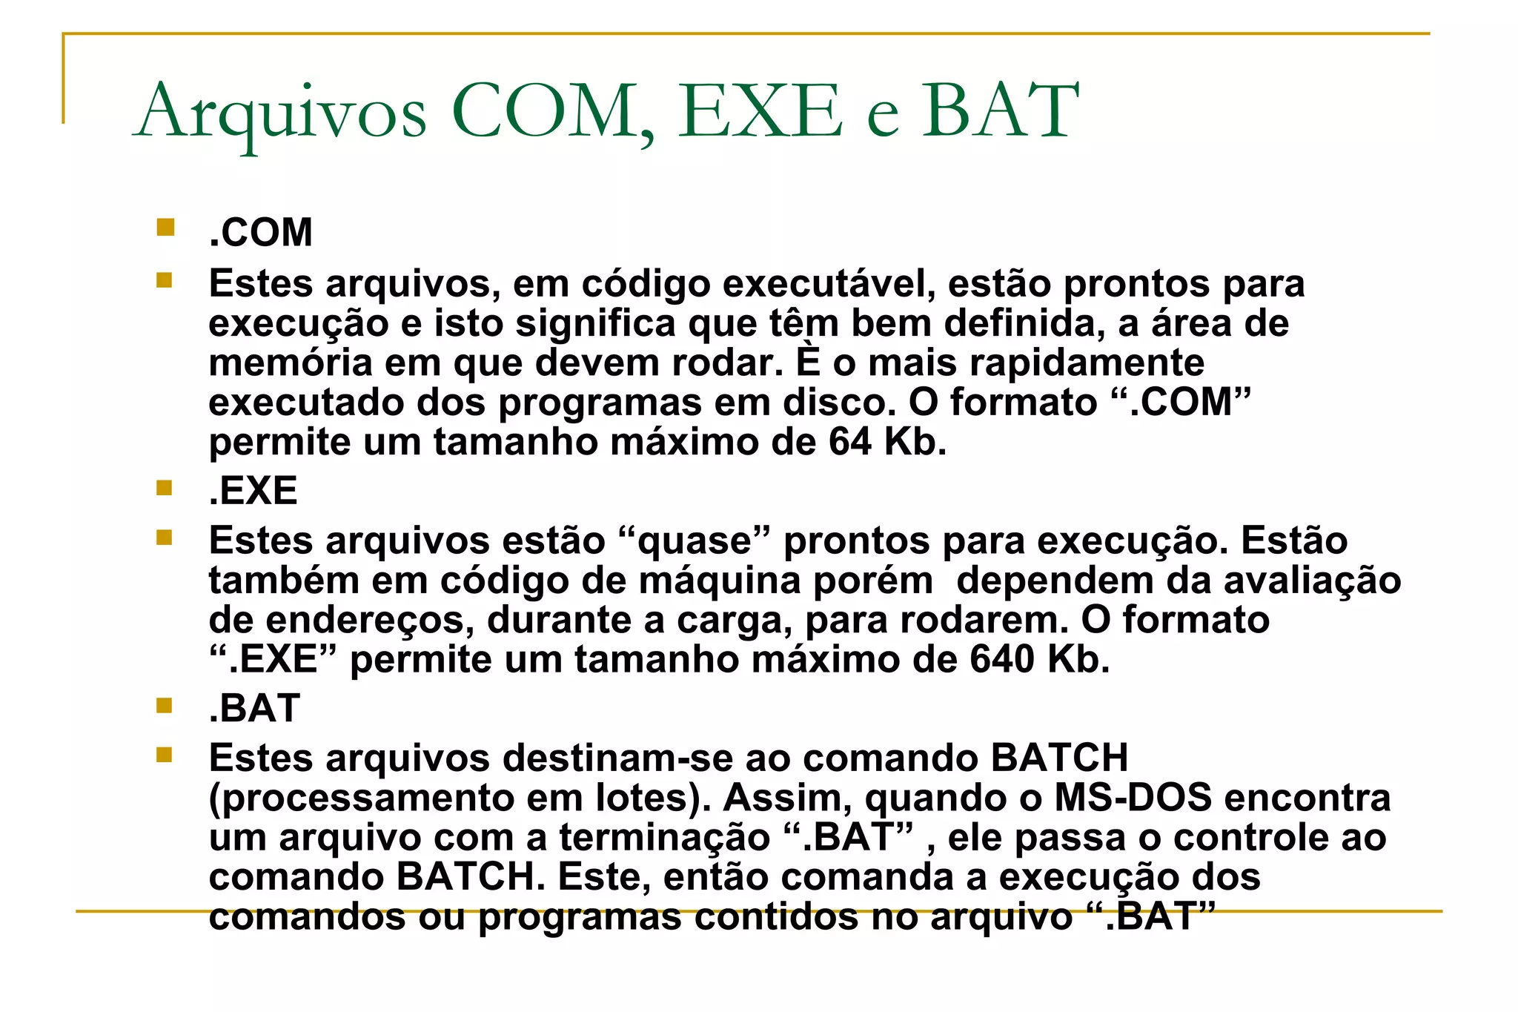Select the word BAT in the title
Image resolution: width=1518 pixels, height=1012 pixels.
[x=1001, y=111]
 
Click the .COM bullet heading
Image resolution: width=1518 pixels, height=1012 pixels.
[x=261, y=233]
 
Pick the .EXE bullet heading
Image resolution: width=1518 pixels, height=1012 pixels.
[x=253, y=491]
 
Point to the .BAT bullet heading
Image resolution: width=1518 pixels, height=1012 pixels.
[x=254, y=708]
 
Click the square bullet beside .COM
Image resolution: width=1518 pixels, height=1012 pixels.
[x=165, y=227]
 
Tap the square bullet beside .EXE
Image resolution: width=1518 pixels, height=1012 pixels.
[x=165, y=487]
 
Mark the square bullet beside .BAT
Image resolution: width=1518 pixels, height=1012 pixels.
[x=165, y=704]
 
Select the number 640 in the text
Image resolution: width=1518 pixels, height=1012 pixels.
[x=1002, y=659]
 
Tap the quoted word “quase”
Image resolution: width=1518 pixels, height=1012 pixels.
[x=694, y=541]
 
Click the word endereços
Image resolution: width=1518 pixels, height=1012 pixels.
[x=370, y=621]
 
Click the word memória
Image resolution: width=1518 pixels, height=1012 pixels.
[x=291, y=363]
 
